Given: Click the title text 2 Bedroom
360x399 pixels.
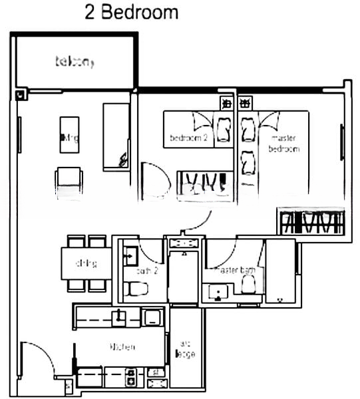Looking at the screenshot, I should (x=131, y=13).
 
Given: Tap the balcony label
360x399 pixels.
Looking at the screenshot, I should (x=75, y=63).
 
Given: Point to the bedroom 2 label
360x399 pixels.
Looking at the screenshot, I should (x=189, y=138).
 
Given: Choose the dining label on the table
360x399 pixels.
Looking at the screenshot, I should (x=86, y=263).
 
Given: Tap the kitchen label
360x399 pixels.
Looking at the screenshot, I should (x=122, y=346).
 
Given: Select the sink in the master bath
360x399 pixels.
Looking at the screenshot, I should (x=217, y=292).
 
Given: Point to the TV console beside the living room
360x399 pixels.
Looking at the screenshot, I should (x=116, y=136).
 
